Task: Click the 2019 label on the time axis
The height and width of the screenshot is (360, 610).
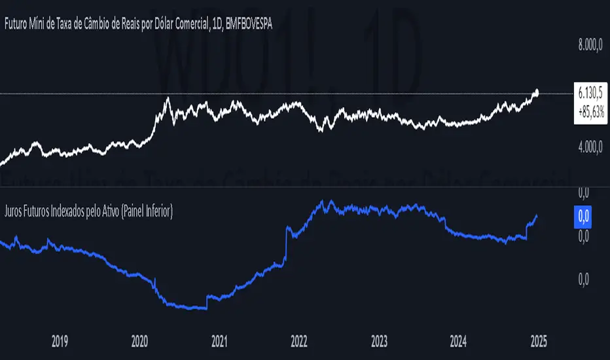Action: (60, 341)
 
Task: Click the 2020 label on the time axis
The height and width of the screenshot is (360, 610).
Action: (139, 341)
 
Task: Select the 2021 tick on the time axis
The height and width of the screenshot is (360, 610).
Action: (219, 341)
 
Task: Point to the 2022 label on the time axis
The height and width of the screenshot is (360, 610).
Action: (299, 341)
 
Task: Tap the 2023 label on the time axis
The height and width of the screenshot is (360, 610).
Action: (379, 341)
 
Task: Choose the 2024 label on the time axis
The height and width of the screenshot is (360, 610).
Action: (459, 341)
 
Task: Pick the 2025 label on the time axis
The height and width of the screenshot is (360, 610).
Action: (539, 341)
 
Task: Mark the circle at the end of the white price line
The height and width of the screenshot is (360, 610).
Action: (537, 92)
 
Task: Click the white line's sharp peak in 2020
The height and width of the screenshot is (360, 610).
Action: (168, 98)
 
